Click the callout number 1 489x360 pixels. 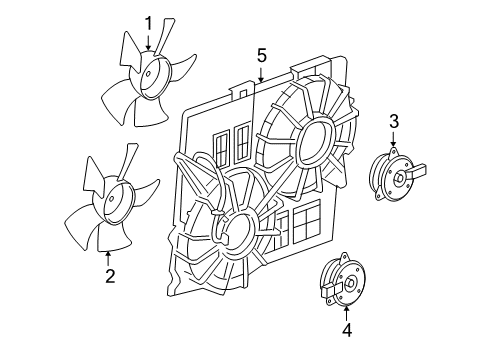pos(148,22)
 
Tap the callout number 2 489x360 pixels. pos(108,272)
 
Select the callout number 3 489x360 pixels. pos(395,122)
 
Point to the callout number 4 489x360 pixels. pos(346,328)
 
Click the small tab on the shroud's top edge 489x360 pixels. pos(237,91)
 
